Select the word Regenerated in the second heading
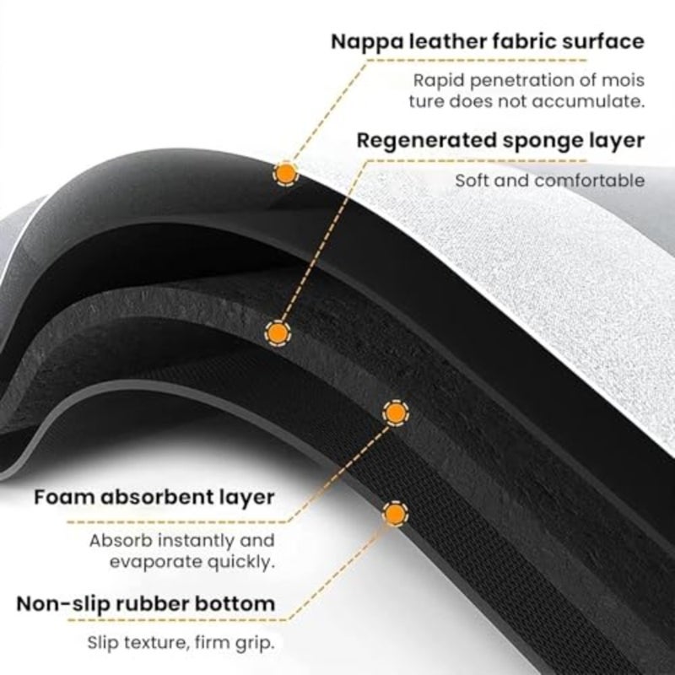click(x=426, y=142)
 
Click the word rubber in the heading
click(x=148, y=603)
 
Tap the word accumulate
click(x=588, y=101)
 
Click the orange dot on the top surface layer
click(x=285, y=173)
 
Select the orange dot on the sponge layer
click(x=278, y=332)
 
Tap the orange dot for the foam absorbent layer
click(x=396, y=413)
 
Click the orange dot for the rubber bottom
click(x=395, y=513)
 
